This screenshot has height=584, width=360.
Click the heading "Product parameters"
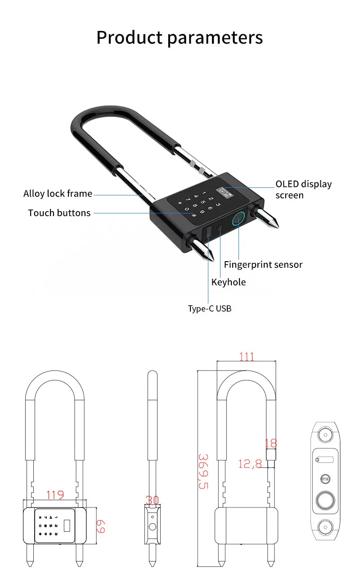pos(180,37)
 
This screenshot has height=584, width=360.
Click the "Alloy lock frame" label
pos(58,194)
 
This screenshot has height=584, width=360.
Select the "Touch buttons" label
pos(59,213)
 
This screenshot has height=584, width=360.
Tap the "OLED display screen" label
pos(303,190)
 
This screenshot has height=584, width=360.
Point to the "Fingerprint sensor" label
pos(263,265)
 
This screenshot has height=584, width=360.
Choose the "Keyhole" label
pos(229,282)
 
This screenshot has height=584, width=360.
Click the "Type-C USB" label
pos(210,309)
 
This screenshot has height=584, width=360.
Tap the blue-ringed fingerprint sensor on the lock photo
pos(238,219)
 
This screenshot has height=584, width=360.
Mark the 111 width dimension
pos(247,357)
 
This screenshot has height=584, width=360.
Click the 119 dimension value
pos(55,495)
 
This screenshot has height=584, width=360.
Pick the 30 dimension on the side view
pos(153,500)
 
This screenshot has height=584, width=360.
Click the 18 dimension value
pos(271,444)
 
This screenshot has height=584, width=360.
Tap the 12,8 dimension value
pos(250,463)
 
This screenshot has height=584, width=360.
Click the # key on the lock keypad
pos(194,215)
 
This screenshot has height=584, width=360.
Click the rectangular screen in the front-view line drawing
pos(67,526)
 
